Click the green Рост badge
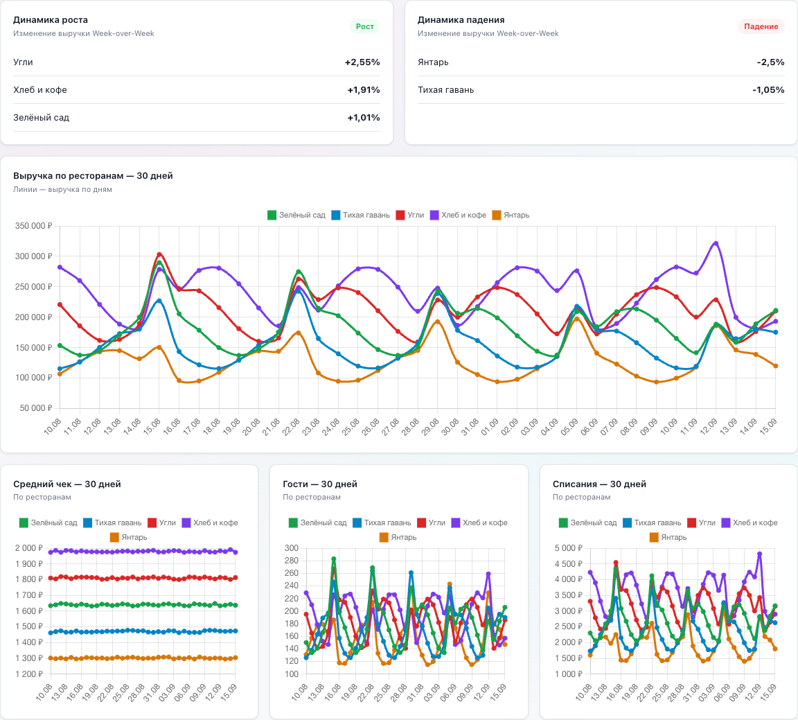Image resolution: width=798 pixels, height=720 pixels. point(365,26)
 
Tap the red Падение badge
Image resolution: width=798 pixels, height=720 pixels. point(761,26)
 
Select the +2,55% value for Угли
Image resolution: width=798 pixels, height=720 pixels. point(362,62)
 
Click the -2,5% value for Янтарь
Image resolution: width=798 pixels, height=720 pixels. point(770,62)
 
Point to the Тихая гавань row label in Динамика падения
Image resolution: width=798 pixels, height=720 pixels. point(446,90)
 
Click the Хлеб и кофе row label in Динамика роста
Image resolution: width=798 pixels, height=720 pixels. point(40,90)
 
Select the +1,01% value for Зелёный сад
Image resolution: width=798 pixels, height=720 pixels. point(364,118)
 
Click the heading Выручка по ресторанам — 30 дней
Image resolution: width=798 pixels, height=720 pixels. point(93,176)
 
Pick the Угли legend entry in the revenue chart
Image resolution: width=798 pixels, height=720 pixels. point(410,215)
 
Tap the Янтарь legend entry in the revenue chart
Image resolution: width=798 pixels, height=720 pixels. point(511,215)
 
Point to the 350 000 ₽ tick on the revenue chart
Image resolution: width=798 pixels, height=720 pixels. point(33,226)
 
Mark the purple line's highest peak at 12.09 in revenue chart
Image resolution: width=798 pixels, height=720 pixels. point(716,243)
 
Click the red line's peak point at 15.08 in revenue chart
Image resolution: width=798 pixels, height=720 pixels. point(159,254)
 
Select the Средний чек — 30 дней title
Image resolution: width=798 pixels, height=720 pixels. point(67,484)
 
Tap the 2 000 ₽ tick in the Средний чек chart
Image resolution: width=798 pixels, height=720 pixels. point(28,548)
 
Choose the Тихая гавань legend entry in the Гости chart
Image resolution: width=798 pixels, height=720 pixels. point(382,523)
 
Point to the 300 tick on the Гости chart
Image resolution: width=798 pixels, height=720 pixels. point(292,548)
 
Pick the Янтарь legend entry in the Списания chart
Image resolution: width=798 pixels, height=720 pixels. point(668,537)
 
